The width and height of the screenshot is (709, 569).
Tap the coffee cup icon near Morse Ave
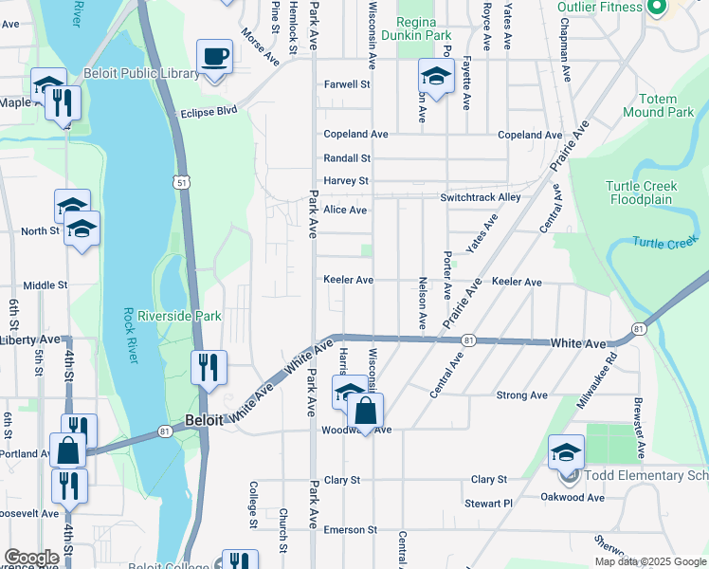pos(215,57)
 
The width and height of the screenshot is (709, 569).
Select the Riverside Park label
pos(179,315)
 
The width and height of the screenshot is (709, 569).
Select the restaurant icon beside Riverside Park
pos(209,367)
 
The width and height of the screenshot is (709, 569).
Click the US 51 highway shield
pos(180,181)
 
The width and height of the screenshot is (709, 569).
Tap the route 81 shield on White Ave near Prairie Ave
pos(468,340)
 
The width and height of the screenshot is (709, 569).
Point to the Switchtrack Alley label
pos(480,197)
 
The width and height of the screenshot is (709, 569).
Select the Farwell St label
pos(346,84)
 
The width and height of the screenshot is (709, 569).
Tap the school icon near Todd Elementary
pos(566,452)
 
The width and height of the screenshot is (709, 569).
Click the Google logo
pos(31,558)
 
